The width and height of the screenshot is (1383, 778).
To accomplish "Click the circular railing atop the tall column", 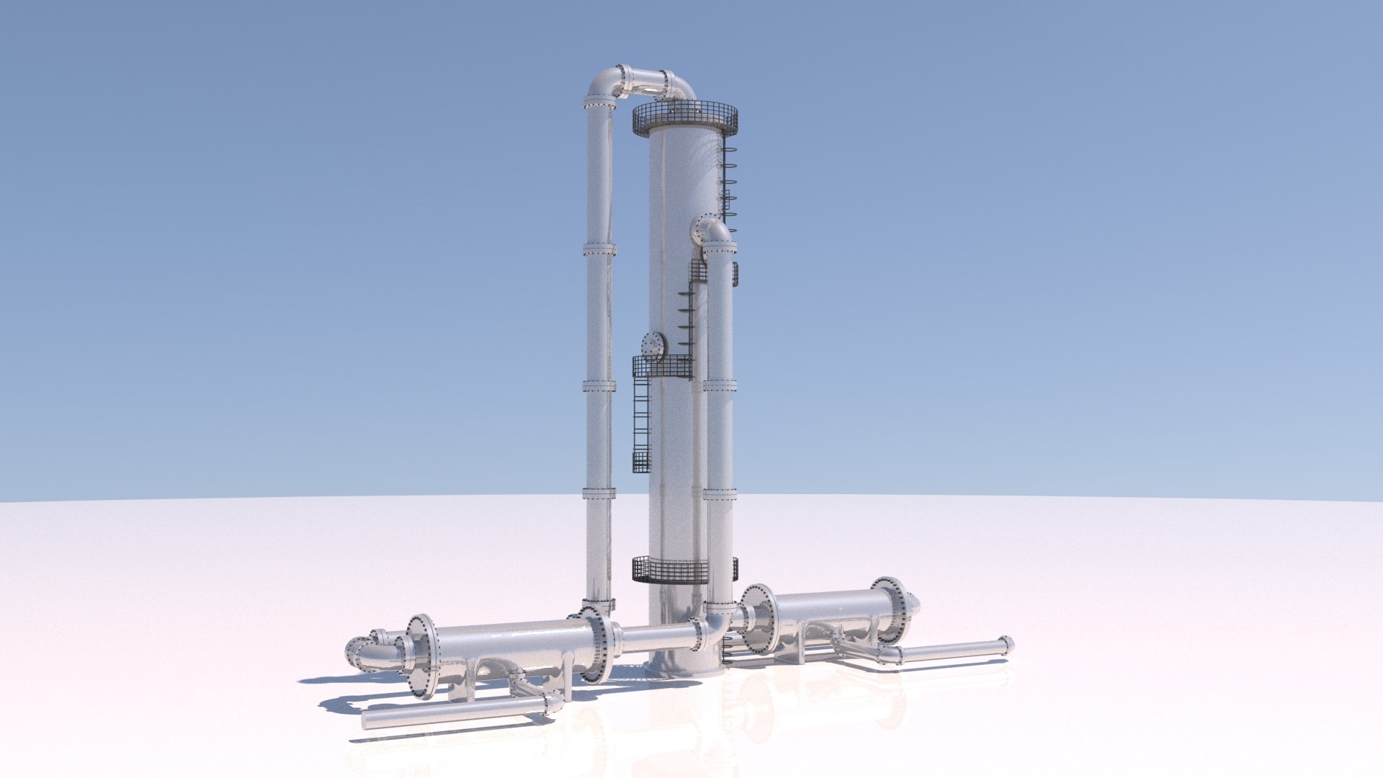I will [x=685, y=117].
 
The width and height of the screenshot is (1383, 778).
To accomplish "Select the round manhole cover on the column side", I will [x=653, y=345].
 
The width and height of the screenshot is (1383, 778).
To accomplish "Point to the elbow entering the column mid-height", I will [x=710, y=231].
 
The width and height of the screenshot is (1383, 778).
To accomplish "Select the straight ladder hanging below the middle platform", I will [x=640, y=425].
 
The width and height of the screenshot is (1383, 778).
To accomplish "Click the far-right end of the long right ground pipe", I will [x=1006, y=645].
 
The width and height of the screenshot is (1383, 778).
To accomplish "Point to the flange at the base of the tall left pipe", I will [x=598, y=604].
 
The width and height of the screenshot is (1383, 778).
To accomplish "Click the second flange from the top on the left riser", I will [x=599, y=250].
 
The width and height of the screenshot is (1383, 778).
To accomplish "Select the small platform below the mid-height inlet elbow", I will [x=698, y=272].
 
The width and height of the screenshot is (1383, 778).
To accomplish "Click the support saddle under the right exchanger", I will [x=799, y=652].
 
